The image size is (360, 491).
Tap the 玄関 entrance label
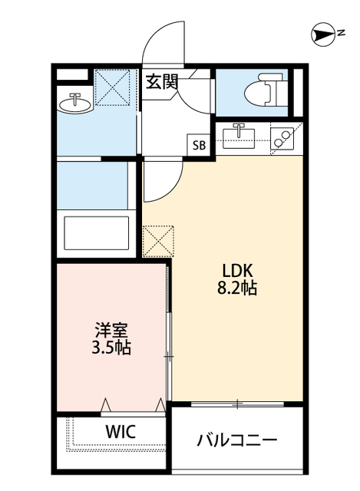tap(162, 82)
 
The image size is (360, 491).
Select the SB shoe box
tap(199, 145)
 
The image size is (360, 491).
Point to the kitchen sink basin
tap(239, 135)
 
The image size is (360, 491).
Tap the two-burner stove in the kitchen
tap(282, 138)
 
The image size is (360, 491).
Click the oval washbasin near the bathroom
tap(75, 104)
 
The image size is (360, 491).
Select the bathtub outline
tap(97, 233)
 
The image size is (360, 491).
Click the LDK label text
tap(237, 271)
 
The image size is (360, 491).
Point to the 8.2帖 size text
tap(237, 288)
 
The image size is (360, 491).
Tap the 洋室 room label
tap(111, 331)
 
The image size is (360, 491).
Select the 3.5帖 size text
tap(111, 347)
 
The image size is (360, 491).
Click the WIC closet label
tap(121, 431)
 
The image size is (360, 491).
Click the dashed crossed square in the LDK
tap(158, 241)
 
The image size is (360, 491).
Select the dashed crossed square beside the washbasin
tap(112, 87)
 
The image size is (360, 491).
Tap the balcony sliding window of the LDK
tap(237, 404)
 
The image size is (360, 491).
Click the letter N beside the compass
tap(342, 32)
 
